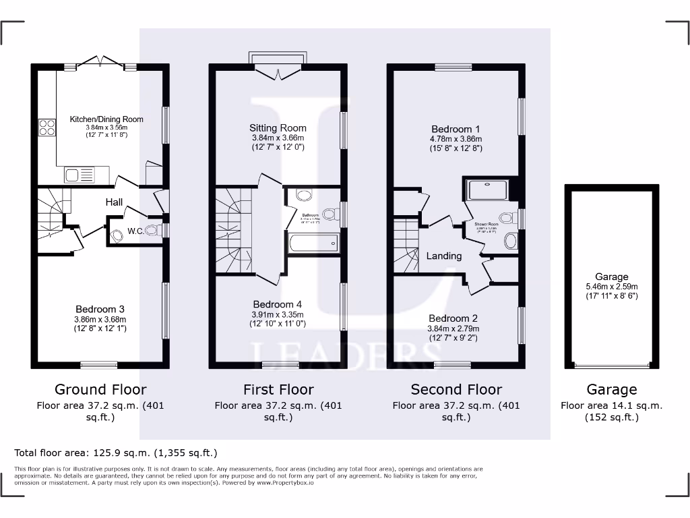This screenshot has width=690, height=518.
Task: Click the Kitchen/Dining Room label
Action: pyautogui.click(x=106, y=119)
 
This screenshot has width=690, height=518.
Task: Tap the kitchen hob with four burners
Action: pyautogui.click(x=47, y=127)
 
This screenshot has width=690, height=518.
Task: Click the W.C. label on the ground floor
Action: pyautogui.click(x=135, y=231)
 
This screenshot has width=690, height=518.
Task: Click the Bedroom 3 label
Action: pyautogui.click(x=100, y=310)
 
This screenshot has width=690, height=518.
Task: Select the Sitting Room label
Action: pyautogui.click(x=278, y=128)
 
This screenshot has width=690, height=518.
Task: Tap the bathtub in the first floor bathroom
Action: pyautogui.click(x=313, y=243)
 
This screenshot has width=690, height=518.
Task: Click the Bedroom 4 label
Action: pyautogui.click(x=278, y=304)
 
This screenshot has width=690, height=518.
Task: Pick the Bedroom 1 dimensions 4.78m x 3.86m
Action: pyautogui.click(x=456, y=139)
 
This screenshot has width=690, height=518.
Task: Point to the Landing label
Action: pyautogui.click(x=444, y=256)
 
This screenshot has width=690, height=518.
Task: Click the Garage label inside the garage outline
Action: pyautogui.click(x=611, y=277)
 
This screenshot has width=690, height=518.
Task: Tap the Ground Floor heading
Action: pyautogui.click(x=100, y=389)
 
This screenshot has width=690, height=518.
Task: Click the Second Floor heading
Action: pyautogui.click(x=456, y=389)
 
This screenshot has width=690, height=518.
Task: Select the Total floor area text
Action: pyautogui.click(x=116, y=453)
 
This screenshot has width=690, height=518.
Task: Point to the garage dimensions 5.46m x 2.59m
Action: pyautogui.click(x=611, y=286)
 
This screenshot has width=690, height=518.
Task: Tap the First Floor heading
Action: pyautogui.click(x=278, y=389)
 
